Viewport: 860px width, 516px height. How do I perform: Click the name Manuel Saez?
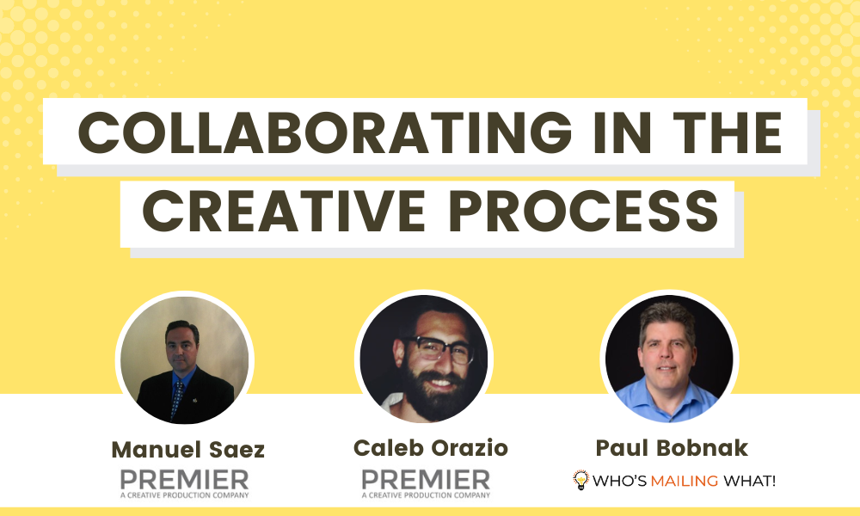click(x=188, y=450)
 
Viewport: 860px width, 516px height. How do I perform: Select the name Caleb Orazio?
click(x=431, y=448)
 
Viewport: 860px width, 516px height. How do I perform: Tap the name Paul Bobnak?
click(x=672, y=448)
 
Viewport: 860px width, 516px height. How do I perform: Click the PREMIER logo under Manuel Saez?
click(x=184, y=479)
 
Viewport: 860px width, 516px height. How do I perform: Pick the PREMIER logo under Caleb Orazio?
click(x=426, y=479)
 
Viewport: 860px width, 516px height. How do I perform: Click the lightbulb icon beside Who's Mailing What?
click(x=580, y=480)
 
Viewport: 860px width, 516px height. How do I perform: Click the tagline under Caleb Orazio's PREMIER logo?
click(x=426, y=494)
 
